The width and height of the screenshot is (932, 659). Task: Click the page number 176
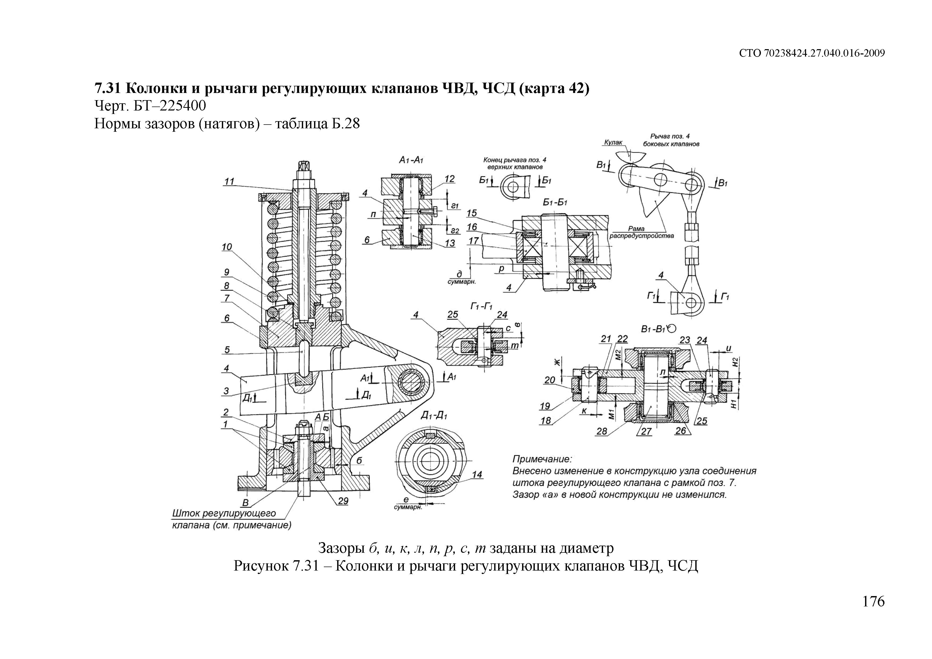point(873,601)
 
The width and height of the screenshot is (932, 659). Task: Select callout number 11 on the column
point(230,181)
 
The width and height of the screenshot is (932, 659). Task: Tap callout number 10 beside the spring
point(227,247)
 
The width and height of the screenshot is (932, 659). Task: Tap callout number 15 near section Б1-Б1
point(472,213)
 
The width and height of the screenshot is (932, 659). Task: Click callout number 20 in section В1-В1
point(550,380)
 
